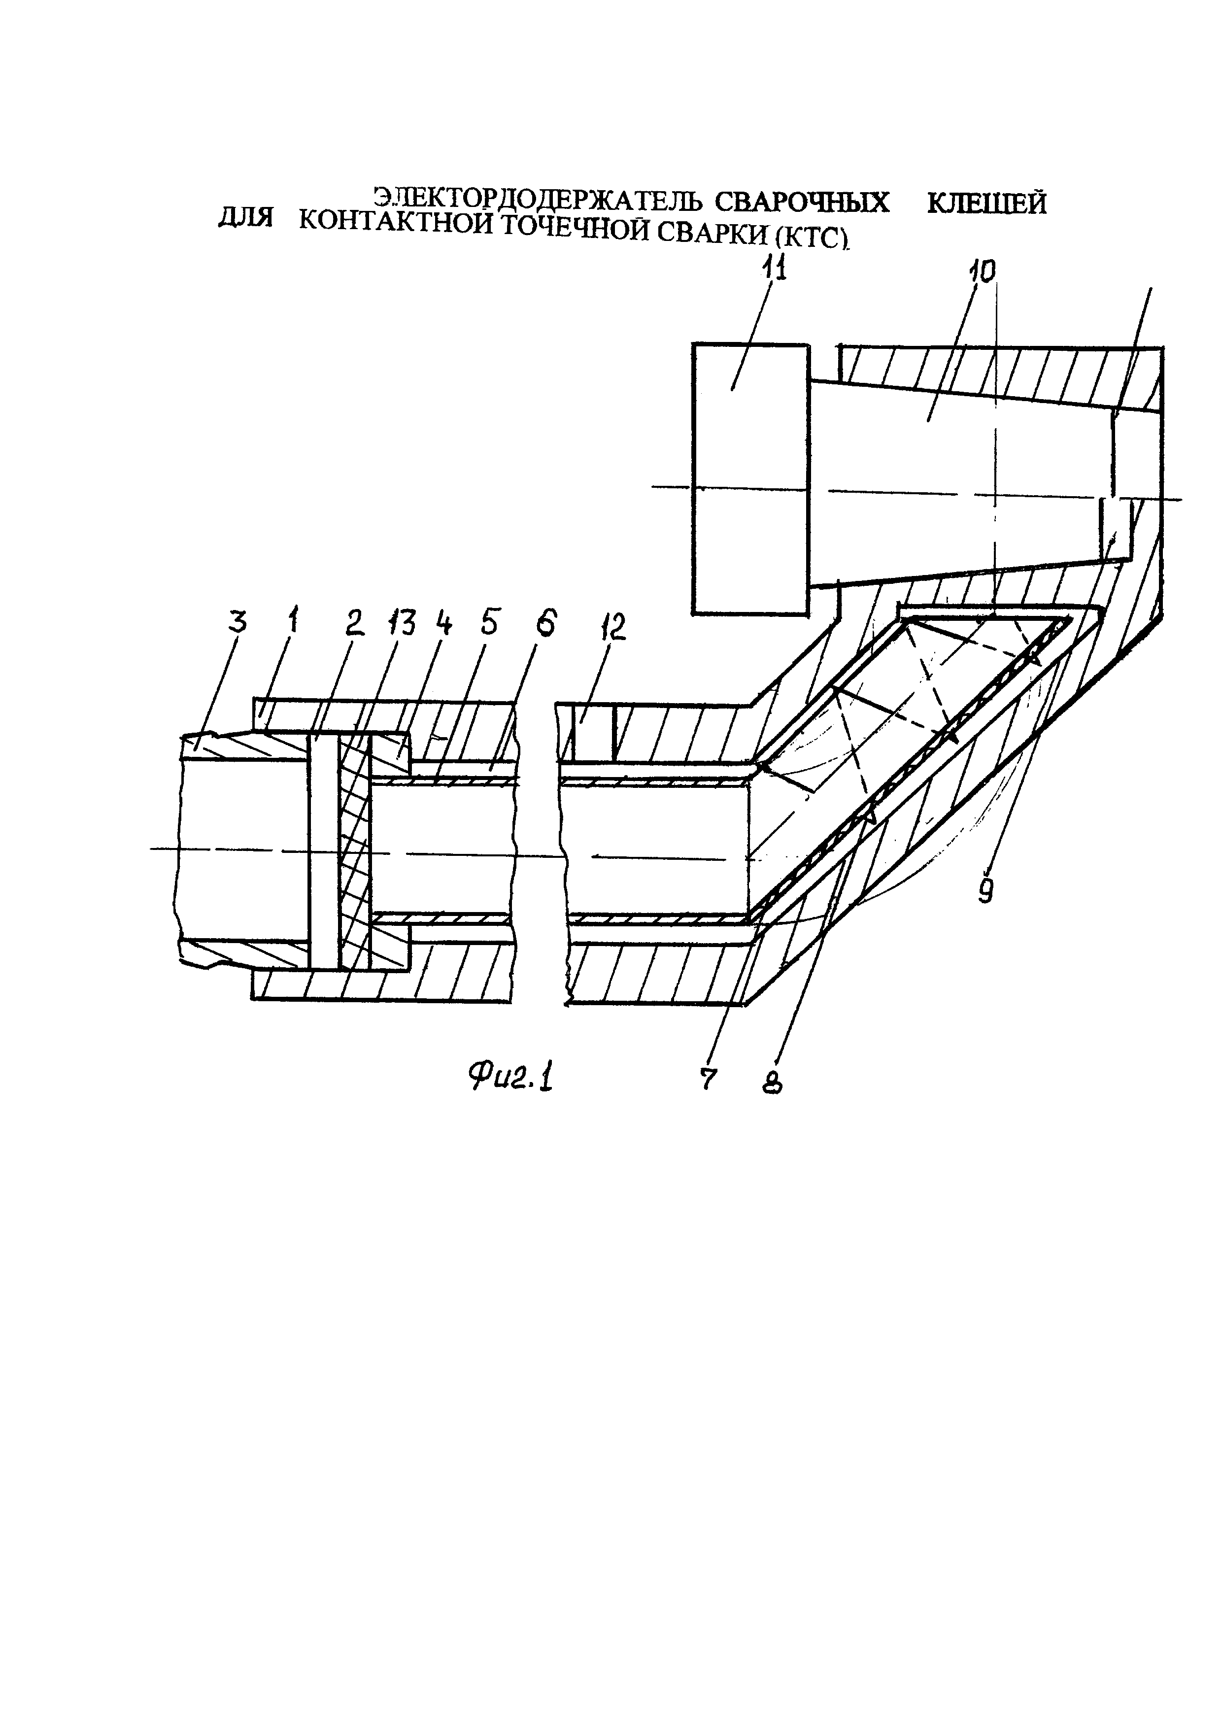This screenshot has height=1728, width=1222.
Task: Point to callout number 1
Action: [292, 622]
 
